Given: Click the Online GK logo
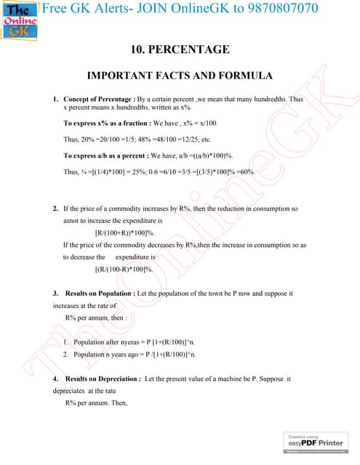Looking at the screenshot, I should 20,21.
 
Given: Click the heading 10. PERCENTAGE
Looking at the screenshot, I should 179,50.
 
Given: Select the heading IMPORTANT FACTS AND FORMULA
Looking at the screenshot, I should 180,76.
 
